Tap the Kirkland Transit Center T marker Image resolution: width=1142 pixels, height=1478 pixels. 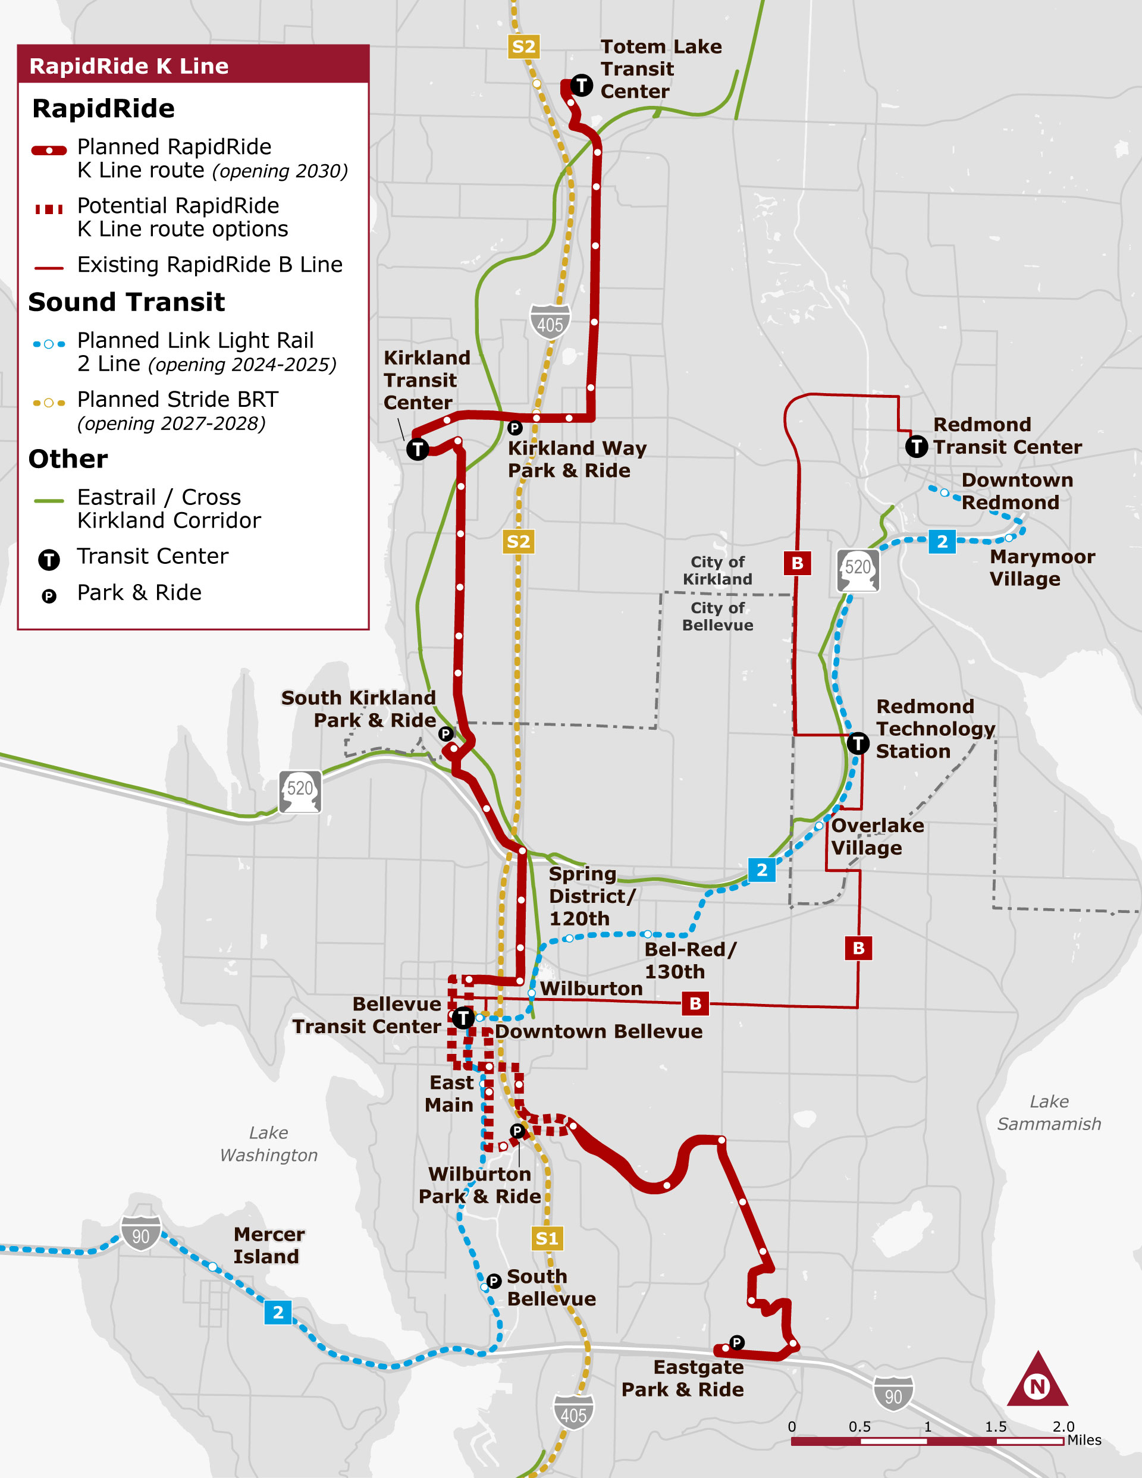click(418, 448)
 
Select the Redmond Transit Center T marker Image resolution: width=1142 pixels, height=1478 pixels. click(917, 446)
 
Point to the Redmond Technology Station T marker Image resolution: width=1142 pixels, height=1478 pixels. click(858, 743)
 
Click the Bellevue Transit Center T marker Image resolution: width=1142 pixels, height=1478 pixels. click(463, 1017)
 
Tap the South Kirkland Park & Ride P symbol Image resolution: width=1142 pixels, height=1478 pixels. click(445, 733)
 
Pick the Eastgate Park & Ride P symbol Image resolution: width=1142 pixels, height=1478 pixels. click(736, 1342)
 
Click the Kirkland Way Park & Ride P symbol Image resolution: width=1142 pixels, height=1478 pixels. click(514, 428)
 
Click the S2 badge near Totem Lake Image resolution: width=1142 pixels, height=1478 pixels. click(524, 47)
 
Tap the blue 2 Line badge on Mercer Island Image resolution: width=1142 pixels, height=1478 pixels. click(278, 1312)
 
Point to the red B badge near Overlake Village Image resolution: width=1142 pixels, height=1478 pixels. click(858, 948)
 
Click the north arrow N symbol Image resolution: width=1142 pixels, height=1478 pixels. click(1037, 1386)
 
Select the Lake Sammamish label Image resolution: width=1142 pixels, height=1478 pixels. click(1049, 1113)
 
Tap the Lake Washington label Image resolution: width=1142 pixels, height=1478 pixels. click(269, 1144)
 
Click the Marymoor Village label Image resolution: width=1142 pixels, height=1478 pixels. click(1042, 568)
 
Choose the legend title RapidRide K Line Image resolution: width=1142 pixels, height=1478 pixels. click(129, 65)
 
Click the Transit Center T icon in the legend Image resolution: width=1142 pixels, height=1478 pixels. click(49, 560)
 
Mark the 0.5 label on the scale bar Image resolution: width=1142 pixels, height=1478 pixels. click(859, 1427)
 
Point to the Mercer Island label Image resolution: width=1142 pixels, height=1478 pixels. click(269, 1245)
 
